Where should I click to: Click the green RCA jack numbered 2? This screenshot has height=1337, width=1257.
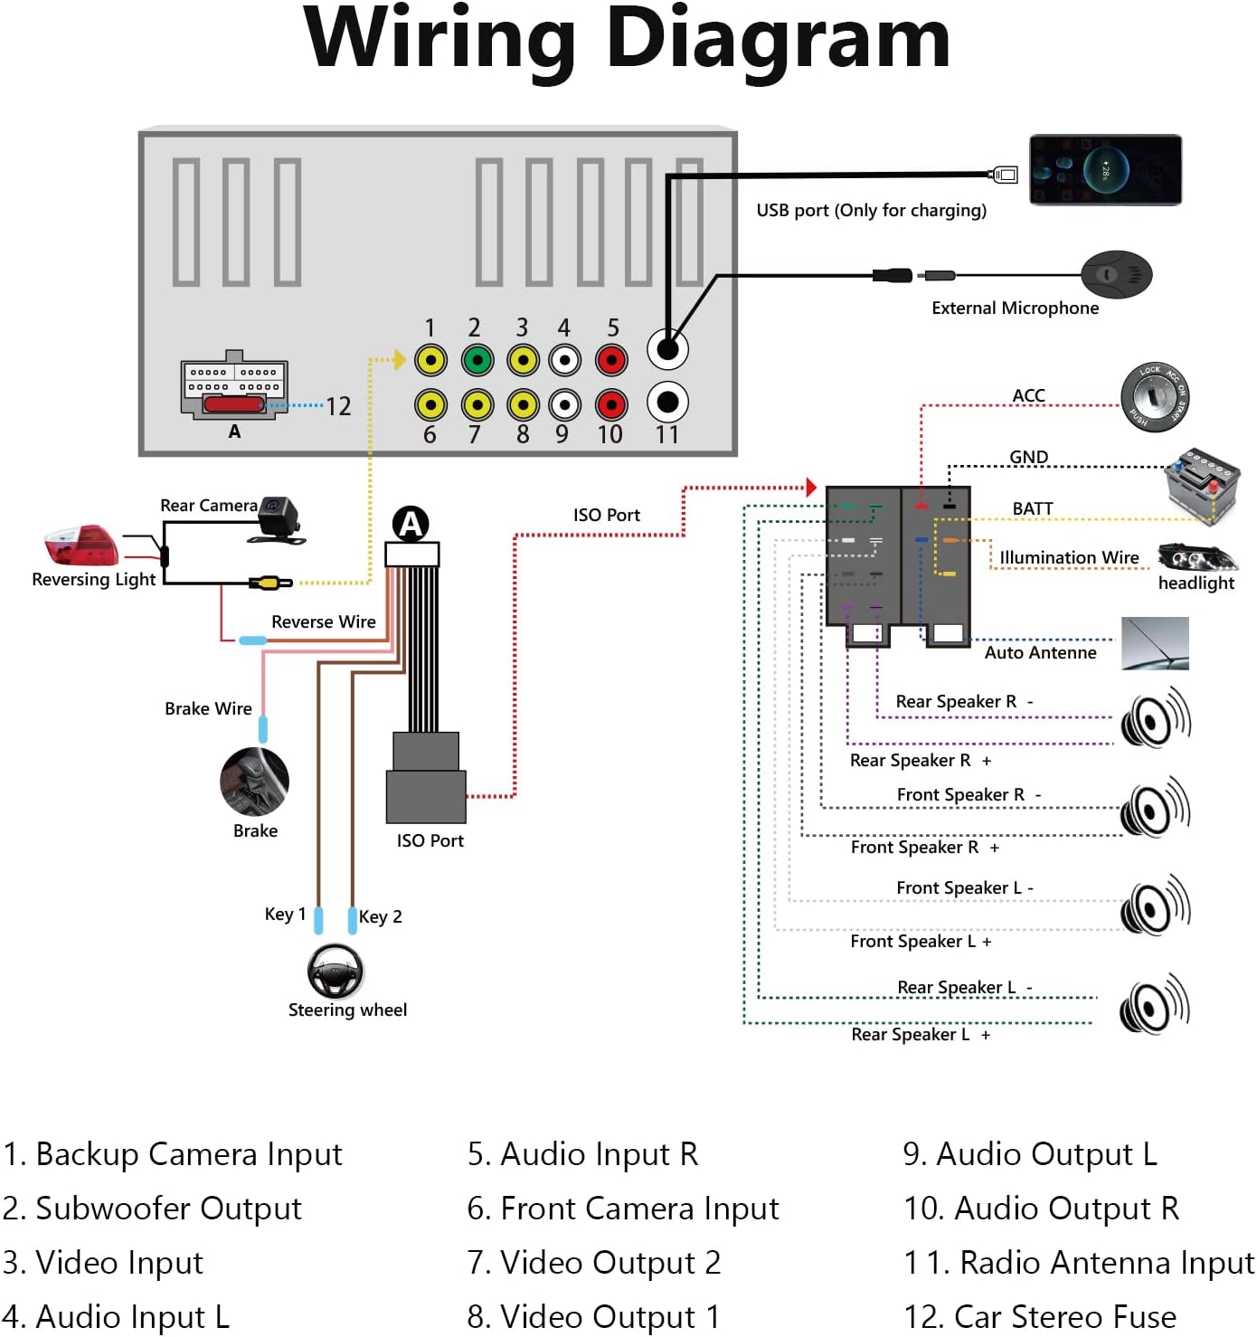(x=477, y=360)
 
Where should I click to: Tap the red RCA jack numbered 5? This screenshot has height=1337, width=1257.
(x=612, y=360)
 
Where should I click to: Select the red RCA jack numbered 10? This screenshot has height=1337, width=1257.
(x=612, y=404)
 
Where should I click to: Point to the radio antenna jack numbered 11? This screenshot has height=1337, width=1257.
(x=667, y=402)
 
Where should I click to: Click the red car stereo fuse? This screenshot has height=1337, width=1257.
(x=233, y=403)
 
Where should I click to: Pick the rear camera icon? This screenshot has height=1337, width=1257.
(x=280, y=519)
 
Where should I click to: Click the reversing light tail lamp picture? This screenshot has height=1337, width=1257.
(x=81, y=545)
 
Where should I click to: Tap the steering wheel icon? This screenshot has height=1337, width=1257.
(x=336, y=972)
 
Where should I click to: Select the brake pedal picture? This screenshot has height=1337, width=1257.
(x=255, y=782)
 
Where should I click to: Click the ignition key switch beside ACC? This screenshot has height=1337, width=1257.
(x=1155, y=397)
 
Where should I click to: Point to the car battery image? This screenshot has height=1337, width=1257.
(x=1201, y=484)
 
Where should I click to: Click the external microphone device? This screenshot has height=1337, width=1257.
(x=1117, y=274)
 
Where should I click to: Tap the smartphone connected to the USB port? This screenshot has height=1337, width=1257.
(x=1105, y=169)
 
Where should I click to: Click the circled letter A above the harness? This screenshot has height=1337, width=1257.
(x=411, y=524)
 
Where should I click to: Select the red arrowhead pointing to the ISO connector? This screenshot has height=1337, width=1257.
(x=811, y=488)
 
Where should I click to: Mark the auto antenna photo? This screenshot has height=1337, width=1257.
(x=1155, y=643)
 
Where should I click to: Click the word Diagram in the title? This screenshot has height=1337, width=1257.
(x=778, y=41)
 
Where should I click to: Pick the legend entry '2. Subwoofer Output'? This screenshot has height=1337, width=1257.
(x=152, y=1209)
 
